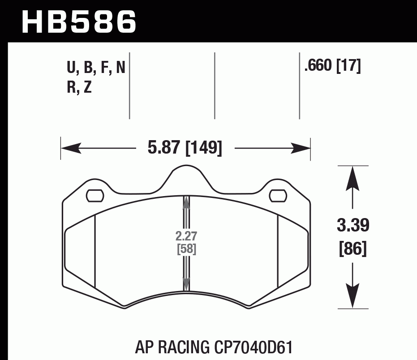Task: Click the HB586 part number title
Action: [x=79, y=21]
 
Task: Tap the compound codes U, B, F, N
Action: [x=96, y=68]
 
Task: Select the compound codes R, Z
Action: [x=79, y=87]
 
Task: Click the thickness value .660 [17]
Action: [x=332, y=66]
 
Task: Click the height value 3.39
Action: [x=353, y=226]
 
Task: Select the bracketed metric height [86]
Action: [x=353, y=248]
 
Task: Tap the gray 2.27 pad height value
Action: [x=186, y=236]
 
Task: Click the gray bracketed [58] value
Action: [x=186, y=249]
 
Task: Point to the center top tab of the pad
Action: [x=186, y=172]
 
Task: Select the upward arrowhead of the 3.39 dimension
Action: [x=353, y=175]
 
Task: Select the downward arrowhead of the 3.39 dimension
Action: [x=353, y=299]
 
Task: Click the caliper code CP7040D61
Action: [x=252, y=348]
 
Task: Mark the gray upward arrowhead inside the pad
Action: [x=186, y=204]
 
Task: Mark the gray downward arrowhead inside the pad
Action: [x=186, y=283]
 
